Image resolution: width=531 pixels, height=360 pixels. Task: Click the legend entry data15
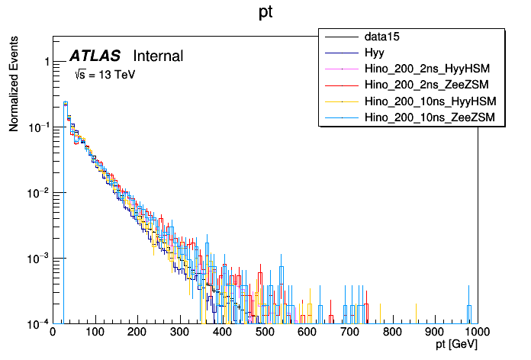382,37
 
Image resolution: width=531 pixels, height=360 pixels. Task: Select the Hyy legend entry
374,53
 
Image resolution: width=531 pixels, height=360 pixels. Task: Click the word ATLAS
95,56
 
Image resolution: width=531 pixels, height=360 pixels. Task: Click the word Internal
158,56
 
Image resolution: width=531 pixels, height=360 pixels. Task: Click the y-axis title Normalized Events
14,85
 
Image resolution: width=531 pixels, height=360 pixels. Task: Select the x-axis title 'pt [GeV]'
456,346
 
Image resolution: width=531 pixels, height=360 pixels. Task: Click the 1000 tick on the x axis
477,333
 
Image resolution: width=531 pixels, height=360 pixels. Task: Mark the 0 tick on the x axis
53,333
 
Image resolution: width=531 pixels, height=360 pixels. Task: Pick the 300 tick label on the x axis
180,333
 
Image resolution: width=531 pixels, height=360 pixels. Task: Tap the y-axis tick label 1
44,62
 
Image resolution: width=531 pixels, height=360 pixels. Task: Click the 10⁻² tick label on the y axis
37,193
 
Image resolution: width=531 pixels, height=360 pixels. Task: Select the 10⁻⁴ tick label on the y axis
37,323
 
